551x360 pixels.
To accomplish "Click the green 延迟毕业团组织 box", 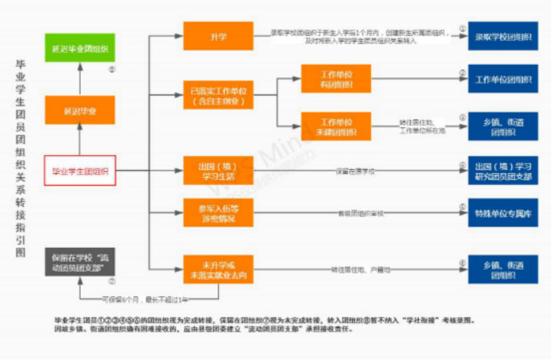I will (80, 49).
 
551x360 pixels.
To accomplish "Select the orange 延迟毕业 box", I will (80, 111).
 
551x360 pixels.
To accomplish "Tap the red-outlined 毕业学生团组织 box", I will (80, 170).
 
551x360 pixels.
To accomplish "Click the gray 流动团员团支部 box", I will (80, 261).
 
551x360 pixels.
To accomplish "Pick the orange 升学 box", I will (218, 36).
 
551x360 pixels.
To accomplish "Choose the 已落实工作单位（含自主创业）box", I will (218, 97).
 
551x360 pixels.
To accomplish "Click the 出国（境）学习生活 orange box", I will (218, 170).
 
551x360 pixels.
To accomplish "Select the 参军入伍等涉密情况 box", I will (218, 212).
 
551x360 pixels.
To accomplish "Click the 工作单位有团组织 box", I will (336, 79).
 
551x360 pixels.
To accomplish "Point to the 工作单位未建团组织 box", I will (336, 127).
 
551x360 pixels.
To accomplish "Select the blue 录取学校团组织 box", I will (503, 37).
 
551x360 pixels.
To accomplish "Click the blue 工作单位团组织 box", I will (503, 79).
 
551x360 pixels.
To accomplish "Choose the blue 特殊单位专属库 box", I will (503, 213).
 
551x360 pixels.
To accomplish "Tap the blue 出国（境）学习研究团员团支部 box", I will (503, 170).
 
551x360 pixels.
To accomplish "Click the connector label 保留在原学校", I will (355, 171).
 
